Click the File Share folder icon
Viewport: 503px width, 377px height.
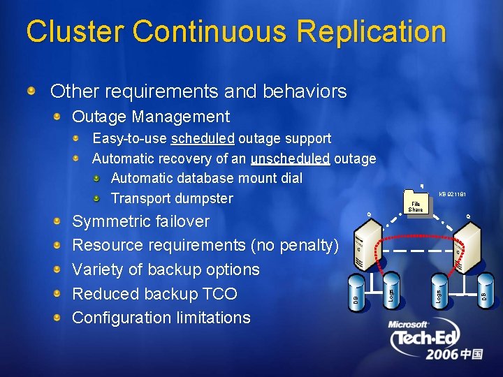pyautogui.click(x=416, y=203)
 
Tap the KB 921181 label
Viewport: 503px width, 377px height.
pyautogui.click(x=452, y=194)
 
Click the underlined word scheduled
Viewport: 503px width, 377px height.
pyautogui.click(x=203, y=139)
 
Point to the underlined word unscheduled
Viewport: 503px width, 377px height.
pyautogui.click(x=291, y=158)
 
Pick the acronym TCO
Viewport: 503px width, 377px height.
pyautogui.click(x=218, y=294)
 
